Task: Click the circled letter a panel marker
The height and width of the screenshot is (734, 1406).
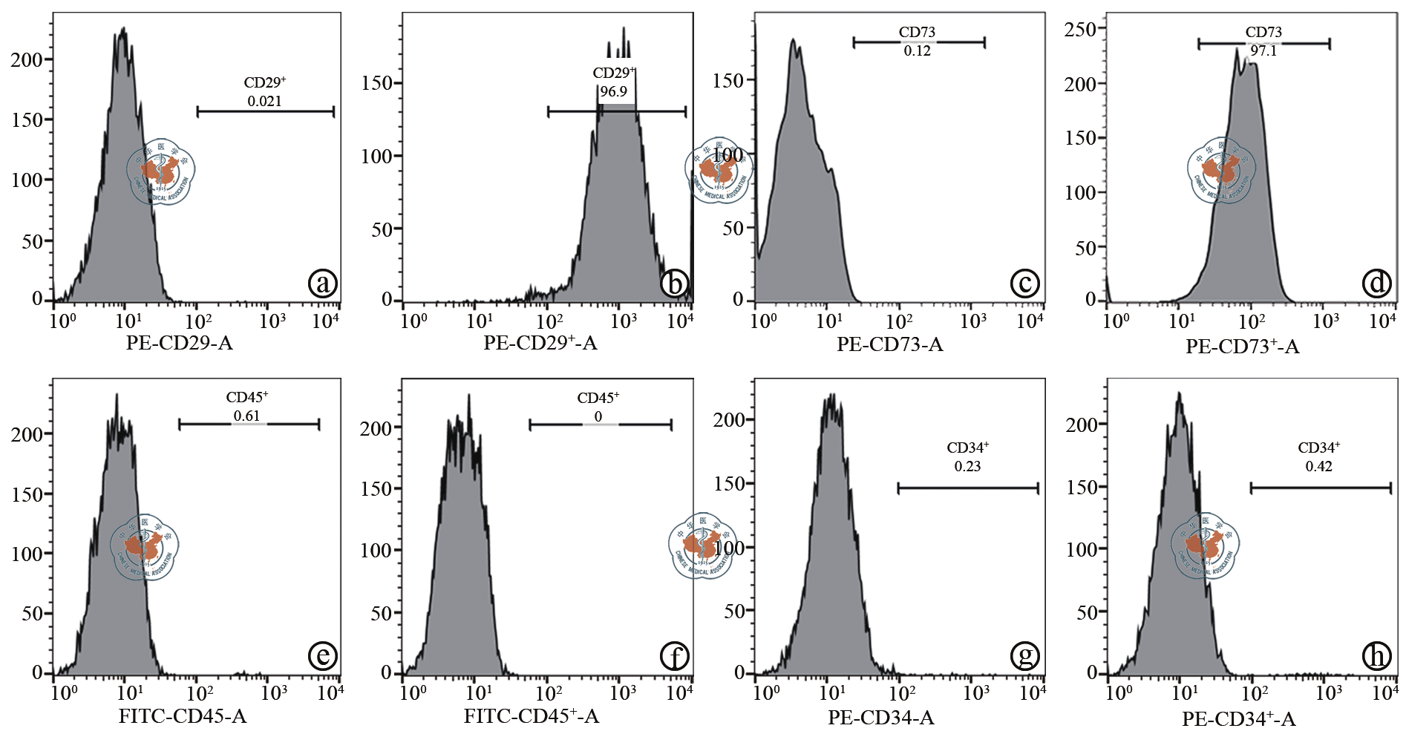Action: tap(322, 283)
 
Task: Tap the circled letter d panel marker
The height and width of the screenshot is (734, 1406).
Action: tap(1377, 283)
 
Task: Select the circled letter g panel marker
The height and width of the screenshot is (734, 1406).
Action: tap(1025, 655)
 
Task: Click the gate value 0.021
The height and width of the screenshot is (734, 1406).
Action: tap(264, 101)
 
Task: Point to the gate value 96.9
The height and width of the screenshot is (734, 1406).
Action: tap(613, 91)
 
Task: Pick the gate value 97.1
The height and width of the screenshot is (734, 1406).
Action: tap(1263, 50)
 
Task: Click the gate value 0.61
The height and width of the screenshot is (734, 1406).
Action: tap(246, 416)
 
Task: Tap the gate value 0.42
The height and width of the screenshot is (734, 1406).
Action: tap(1318, 466)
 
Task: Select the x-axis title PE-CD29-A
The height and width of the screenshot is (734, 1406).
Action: tap(179, 343)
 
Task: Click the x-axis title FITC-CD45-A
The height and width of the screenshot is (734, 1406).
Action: tap(183, 716)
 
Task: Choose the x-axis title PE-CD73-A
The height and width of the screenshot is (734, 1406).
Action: tap(889, 344)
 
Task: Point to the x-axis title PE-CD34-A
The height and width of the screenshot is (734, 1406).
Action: tap(880, 718)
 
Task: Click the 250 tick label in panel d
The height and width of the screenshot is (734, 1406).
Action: tap(1079, 30)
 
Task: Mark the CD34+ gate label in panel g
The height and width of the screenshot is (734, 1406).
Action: tap(967, 448)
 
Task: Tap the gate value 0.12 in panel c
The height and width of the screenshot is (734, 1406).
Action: tap(917, 50)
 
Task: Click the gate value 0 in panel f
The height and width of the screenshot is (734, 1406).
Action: tap(598, 416)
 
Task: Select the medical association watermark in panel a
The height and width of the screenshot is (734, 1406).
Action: tap(160, 171)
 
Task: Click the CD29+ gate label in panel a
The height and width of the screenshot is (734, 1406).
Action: tap(265, 82)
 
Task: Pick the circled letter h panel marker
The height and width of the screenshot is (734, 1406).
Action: tap(1377, 655)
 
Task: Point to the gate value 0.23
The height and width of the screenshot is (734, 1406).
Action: tap(967, 466)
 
